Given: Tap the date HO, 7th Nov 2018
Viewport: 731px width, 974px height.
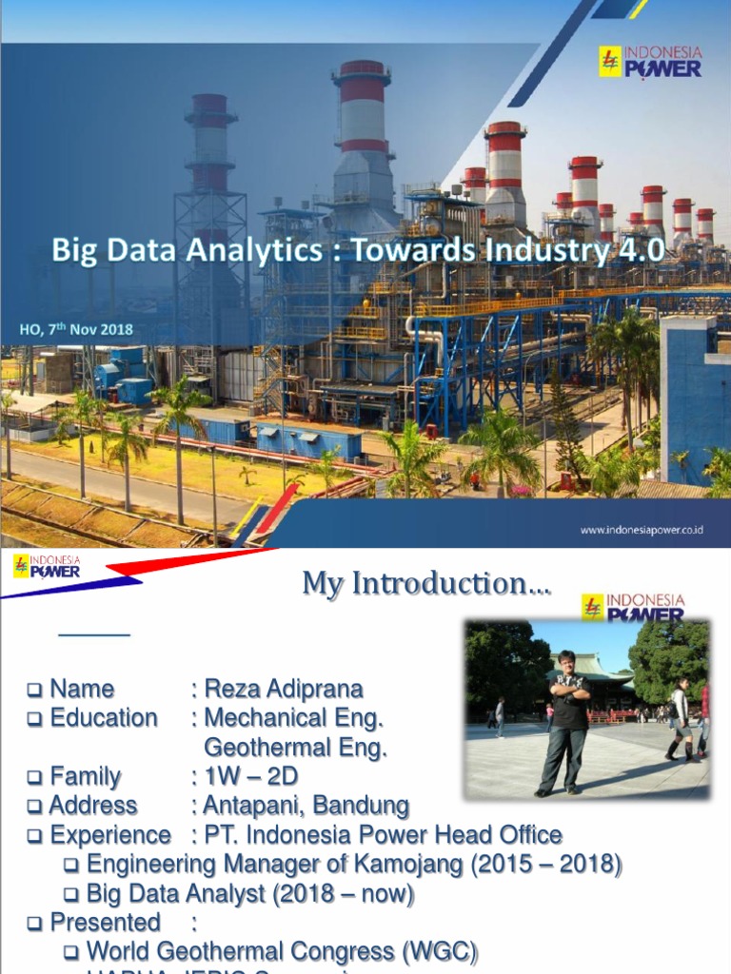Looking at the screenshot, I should point(76,330).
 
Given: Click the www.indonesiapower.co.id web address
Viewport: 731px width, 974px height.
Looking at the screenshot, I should point(641,530).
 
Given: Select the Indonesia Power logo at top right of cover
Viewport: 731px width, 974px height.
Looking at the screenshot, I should point(650,62).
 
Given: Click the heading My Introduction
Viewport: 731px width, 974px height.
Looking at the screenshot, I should point(425,583).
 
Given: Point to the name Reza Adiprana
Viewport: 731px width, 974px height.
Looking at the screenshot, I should point(283,689).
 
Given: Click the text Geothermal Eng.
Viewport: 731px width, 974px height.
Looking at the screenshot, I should point(295,748).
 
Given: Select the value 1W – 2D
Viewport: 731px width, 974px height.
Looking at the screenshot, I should point(250,777).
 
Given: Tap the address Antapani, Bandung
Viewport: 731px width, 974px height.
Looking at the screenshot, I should point(306,807).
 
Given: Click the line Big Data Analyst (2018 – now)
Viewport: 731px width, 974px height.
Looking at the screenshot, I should point(249,894).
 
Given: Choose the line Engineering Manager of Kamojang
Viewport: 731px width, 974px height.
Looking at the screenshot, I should point(353,865).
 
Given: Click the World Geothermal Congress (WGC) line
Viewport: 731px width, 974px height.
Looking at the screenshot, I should point(282,952).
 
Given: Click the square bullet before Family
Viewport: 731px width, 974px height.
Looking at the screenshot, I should point(34,778).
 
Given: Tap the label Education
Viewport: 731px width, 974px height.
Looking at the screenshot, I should point(104,718).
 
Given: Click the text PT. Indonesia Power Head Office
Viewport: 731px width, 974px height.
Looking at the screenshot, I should point(383,835).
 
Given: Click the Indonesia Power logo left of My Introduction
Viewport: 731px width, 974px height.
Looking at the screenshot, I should point(47,568).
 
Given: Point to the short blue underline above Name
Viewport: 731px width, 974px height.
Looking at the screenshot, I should point(93,633).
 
